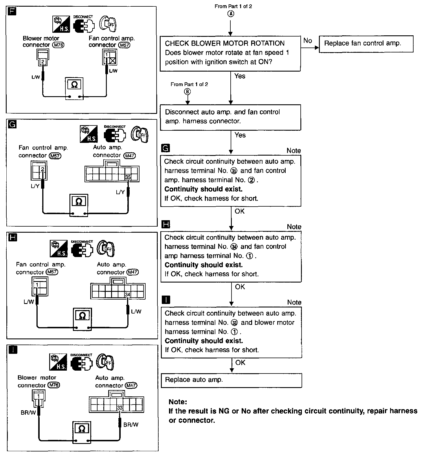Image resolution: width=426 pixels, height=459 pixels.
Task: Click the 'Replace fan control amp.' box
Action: (x=366, y=44)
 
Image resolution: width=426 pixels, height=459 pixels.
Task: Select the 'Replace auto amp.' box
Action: (x=231, y=380)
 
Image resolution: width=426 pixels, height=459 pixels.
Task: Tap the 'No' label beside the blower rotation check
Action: (x=308, y=41)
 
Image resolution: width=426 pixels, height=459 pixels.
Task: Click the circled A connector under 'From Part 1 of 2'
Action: (x=231, y=14)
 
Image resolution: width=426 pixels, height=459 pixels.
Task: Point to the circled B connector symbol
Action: (x=188, y=92)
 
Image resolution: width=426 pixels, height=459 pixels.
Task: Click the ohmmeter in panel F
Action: (x=74, y=89)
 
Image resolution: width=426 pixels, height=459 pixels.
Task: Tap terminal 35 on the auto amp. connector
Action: (x=128, y=177)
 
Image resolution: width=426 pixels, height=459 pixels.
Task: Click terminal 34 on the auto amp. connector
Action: (x=128, y=295)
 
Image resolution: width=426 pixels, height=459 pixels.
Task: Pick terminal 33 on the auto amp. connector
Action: (x=120, y=408)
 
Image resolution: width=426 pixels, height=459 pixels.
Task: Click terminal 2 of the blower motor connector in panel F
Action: (x=43, y=61)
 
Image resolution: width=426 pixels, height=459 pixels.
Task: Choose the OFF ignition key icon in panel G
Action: (x=140, y=134)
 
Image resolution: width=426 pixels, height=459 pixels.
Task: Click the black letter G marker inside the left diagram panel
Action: (x=13, y=124)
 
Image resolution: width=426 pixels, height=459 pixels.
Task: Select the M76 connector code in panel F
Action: (x=58, y=45)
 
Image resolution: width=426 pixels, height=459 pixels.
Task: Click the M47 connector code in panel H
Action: (x=133, y=272)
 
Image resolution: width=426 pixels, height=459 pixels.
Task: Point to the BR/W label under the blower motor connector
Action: (x=28, y=413)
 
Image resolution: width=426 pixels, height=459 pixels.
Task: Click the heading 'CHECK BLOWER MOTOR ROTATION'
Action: (x=225, y=43)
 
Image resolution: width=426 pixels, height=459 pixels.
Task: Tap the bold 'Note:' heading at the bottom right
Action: (x=178, y=402)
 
